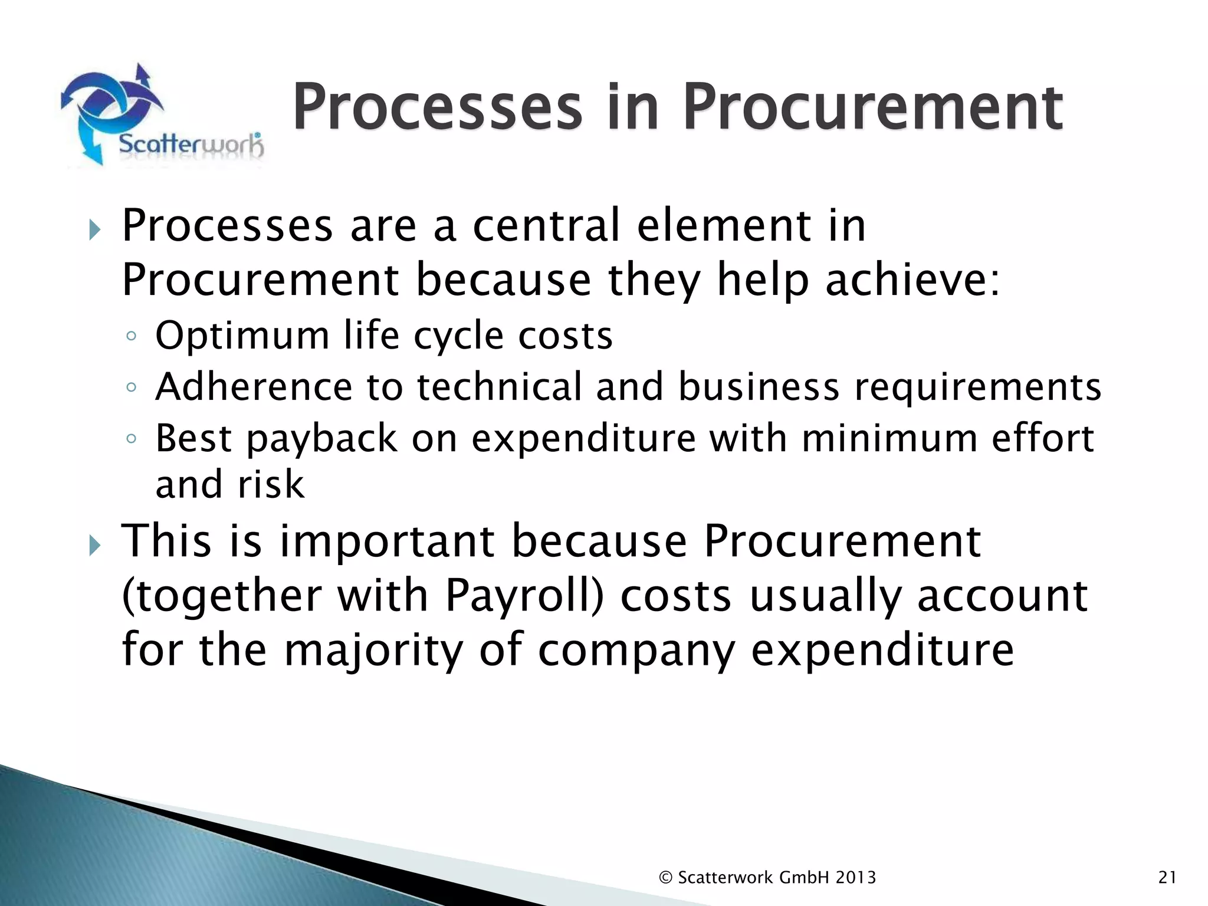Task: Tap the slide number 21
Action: [x=1167, y=878]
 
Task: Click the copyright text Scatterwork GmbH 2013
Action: [x=767, y=878]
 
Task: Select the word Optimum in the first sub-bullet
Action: [x=242, y=336]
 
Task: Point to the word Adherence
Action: [x=254, y=387]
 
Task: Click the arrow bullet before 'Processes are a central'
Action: [x=95, y=229]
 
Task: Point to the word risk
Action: [x=271, y=485]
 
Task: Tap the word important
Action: [x=386, y=541]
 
